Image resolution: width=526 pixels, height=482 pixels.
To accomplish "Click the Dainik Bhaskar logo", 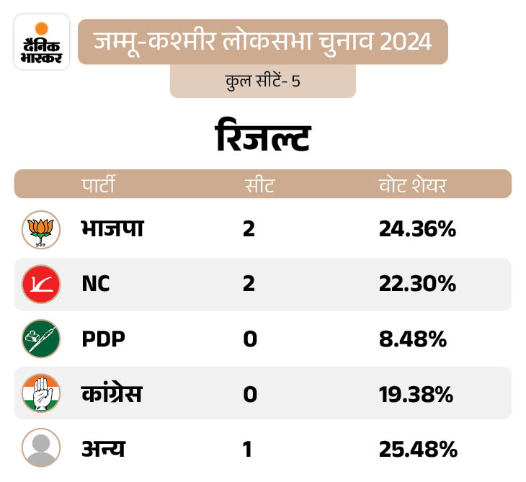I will tap(42, 42).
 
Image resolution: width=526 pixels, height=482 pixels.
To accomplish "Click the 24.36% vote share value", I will tap(417, 230).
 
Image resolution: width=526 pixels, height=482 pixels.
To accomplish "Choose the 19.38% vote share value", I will tap(416, 394).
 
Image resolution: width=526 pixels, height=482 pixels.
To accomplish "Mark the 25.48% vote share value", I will tap(417, 449).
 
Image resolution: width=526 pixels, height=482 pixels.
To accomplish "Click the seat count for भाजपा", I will tap(249, 230).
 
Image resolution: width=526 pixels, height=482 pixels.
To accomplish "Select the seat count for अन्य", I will tap(248, 449).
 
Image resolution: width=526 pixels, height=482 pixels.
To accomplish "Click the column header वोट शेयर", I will tap(413, 184).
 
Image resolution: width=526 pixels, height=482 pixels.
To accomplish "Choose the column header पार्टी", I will tap(99, 184).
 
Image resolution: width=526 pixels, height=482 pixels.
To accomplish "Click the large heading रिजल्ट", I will tap(263, 137).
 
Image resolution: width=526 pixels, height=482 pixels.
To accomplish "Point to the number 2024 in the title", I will tap(404, 41).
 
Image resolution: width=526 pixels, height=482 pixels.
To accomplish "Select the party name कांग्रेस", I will tap(112, 394).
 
